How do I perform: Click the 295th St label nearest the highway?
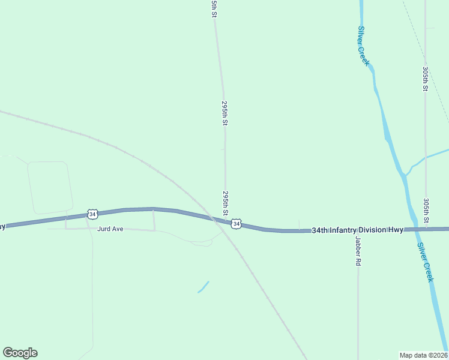pos(226,204)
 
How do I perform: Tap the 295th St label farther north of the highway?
pos(224,113)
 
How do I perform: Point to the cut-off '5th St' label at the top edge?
pos(213,8)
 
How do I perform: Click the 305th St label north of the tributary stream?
pos(424,79)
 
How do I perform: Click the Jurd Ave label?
pos(110,229)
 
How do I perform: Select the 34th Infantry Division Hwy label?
pos(357,230)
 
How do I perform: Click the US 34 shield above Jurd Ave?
pos(91,214)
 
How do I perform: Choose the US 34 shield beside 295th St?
pos(237,224)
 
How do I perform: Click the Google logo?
pos(20,353)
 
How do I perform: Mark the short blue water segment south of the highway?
pos(203,287)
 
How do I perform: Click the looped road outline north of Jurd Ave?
pos(50,187)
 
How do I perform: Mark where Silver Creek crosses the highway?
pos(414,229)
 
